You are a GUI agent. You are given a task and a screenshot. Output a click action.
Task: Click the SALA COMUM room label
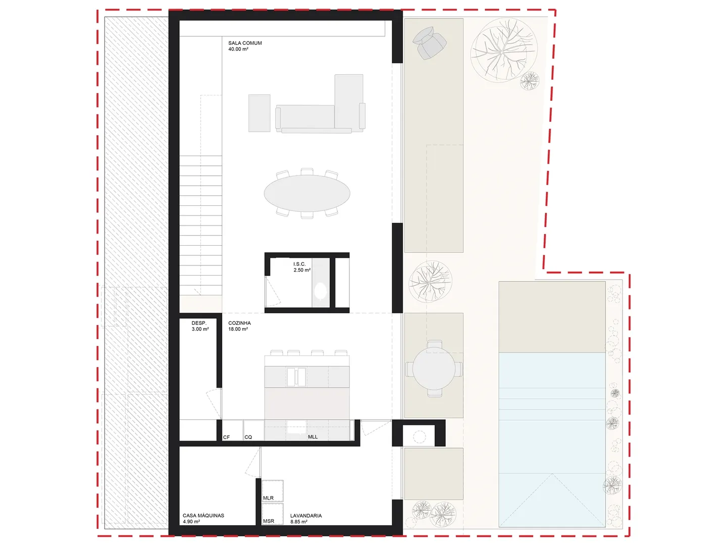[245, 43]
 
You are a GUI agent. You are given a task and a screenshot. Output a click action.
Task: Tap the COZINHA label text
[239, 323]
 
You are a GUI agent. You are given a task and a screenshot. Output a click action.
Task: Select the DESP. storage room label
[199, 323]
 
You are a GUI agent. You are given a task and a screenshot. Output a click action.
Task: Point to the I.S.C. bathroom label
[299, 264]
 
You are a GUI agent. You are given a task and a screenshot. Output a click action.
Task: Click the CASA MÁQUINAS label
[203, 516]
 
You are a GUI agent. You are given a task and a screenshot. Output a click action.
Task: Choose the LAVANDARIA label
[306, 516]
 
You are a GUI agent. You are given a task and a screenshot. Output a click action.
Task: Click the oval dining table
[307, 194]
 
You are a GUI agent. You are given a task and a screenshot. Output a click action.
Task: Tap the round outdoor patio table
[434, 369]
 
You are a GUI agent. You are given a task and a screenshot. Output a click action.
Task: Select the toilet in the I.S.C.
[320, 291]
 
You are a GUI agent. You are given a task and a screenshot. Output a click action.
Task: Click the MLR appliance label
[268, 498]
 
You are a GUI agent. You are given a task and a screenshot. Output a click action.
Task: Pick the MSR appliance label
[269, 521]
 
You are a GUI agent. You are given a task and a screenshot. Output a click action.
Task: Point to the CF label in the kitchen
[226, 437]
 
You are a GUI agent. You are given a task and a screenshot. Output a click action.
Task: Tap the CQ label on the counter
[248, 437]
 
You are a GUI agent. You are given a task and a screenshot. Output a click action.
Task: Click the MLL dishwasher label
[313, 437]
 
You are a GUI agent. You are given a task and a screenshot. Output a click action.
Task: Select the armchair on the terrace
[430, 43]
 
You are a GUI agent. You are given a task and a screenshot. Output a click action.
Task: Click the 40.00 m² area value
[238, 49]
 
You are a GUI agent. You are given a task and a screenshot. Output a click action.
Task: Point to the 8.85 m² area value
[299, 521]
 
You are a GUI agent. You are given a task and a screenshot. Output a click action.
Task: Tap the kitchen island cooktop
[296, 377]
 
